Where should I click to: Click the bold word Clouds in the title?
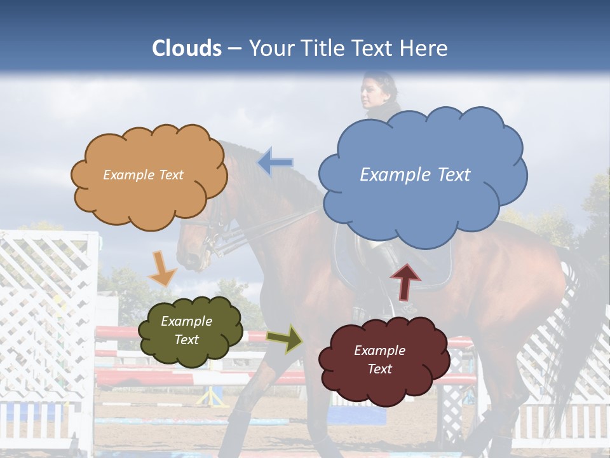(187, 48)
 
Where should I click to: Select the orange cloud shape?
(149, 191)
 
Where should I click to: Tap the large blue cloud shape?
(423, 146)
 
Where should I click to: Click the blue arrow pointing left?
(275, 162)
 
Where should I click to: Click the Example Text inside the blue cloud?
(415, 175)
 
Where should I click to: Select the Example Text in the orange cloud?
(143, 175)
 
